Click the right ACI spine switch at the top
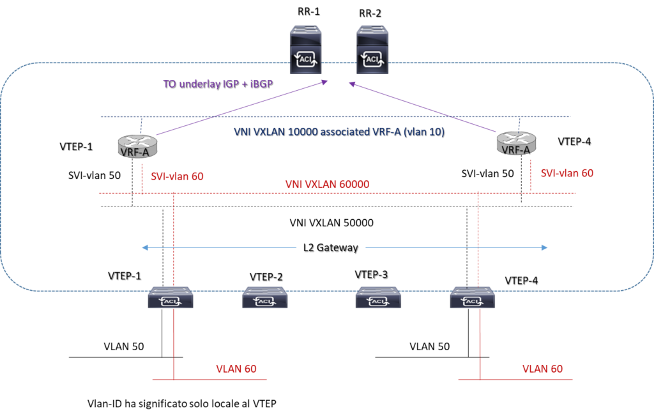[372, 50]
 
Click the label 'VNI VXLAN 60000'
[328, 184]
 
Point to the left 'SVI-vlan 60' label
[178, 176]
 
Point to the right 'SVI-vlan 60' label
[567, 173]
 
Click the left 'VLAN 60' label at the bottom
[236, 369]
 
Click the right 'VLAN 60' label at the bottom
[542, 369]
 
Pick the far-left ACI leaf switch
[171, 297]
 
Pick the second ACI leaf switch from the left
[265, 297]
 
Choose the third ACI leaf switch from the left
[378, 297]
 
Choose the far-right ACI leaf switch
[473, 297]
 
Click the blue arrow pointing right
[456, 247]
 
